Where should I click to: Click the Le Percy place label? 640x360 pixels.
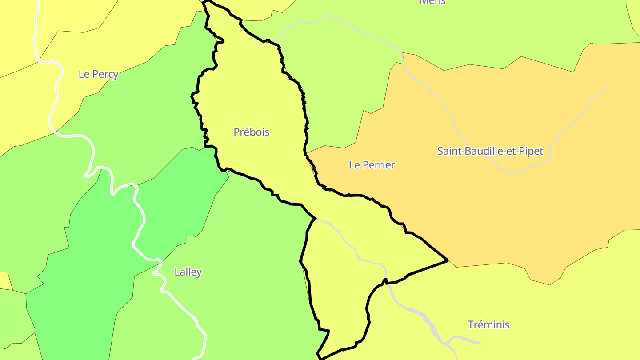click(98, 74)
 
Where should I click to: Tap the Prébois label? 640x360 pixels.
click(252, 132)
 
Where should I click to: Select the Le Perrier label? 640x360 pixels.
click(372, 165)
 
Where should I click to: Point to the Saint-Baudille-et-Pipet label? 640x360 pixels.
click(490, 151)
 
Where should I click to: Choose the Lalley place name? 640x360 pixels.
click(188, 272)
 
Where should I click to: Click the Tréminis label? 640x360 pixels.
click(488, 324)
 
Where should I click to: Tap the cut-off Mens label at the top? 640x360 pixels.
click(432, 2)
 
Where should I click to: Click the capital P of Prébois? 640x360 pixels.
click(236, 132)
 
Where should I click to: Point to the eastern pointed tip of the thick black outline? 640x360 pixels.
click(447, 260)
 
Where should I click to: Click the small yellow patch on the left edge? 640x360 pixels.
click(4, 280)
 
